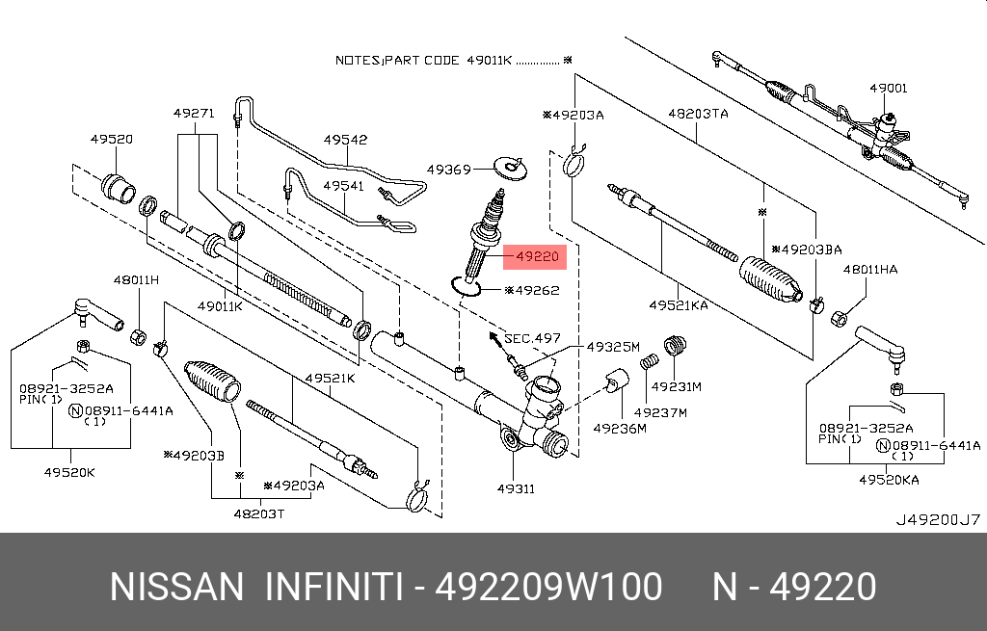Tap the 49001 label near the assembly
coord(888,88)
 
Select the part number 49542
coord(345,140)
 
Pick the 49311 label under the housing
coord(516,488)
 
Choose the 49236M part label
coord(619,428)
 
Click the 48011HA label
coord(869,270)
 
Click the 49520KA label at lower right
coord(889,479)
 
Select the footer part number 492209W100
coord(548,587)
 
